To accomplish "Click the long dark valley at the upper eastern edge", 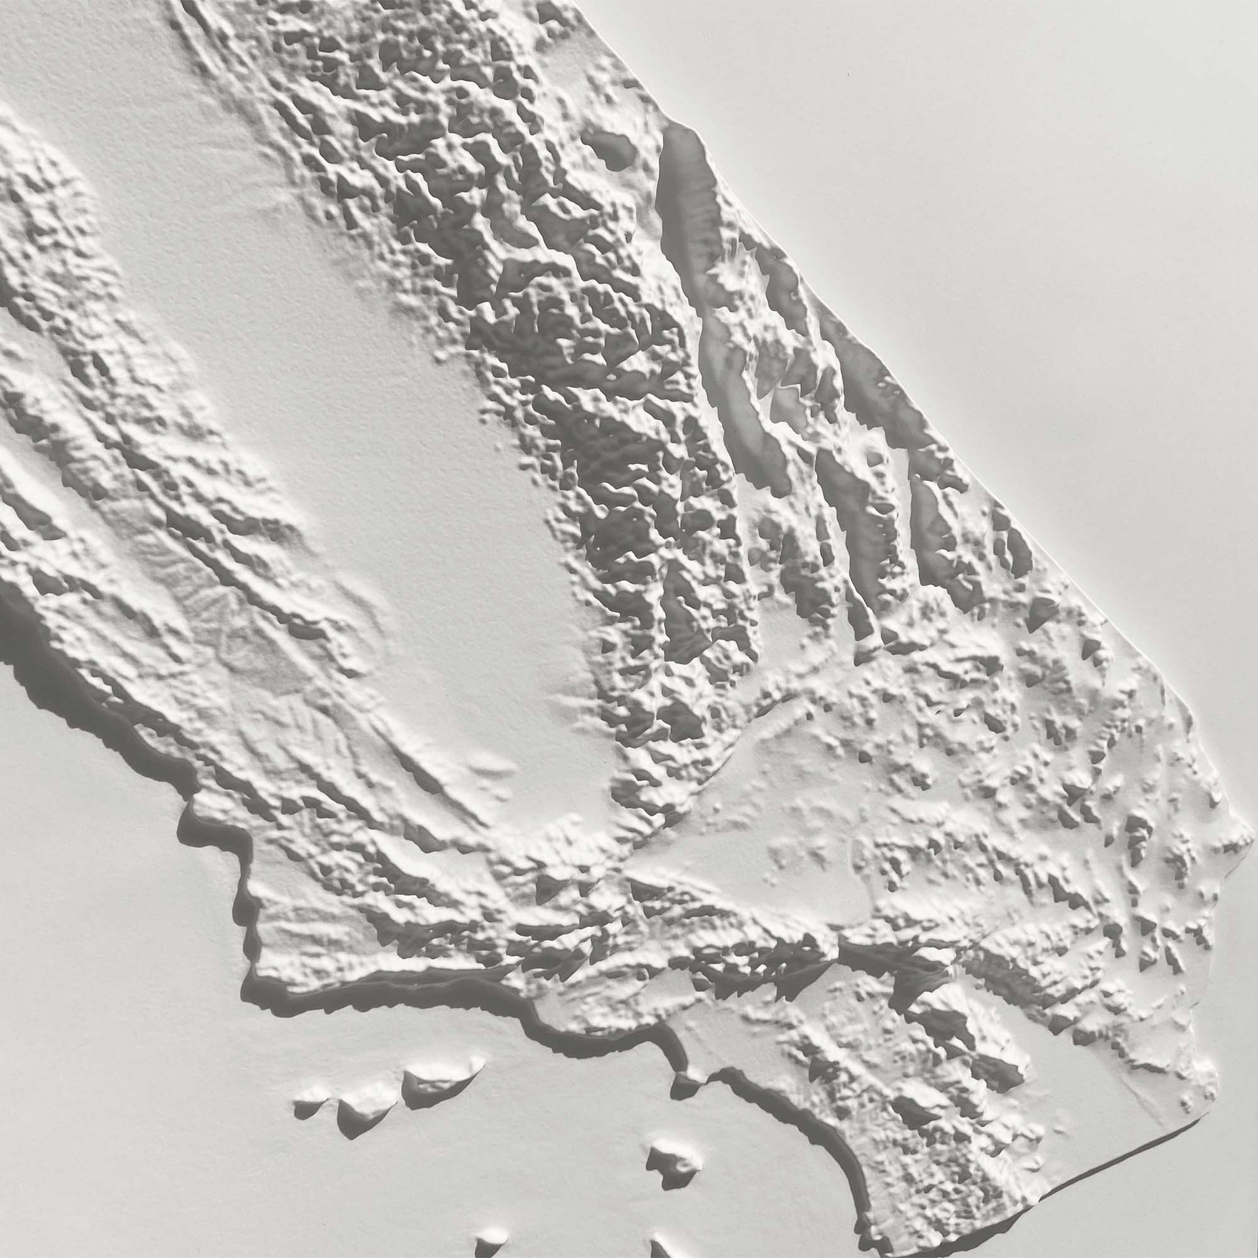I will click(x=685, y=183).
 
